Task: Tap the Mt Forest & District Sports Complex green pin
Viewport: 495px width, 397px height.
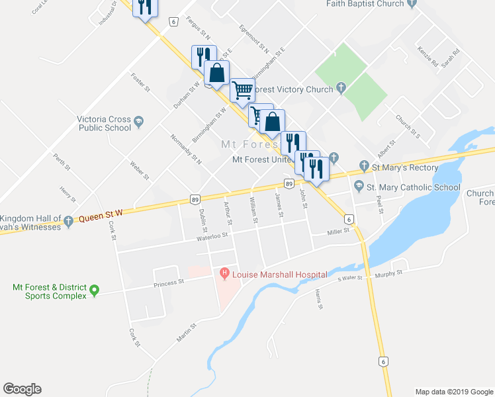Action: click(x=94, y=290)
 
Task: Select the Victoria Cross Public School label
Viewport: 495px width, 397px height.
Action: click(x=104, y=124)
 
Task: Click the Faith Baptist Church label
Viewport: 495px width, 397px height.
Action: click(x=365, y=4)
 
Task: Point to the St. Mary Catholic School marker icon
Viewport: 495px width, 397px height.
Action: click(x=359, y=187)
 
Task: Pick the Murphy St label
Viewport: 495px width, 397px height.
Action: click(x=390, y=274)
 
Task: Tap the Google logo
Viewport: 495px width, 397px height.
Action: click(x=22, y=389)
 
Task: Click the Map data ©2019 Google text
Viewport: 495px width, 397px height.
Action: click(x=453, y=392)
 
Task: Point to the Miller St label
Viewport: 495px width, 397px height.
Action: click(x=337, y=232)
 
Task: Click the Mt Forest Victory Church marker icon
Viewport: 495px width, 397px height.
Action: click(x=341, y=87)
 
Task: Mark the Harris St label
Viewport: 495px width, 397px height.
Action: click(x=320, y=298)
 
